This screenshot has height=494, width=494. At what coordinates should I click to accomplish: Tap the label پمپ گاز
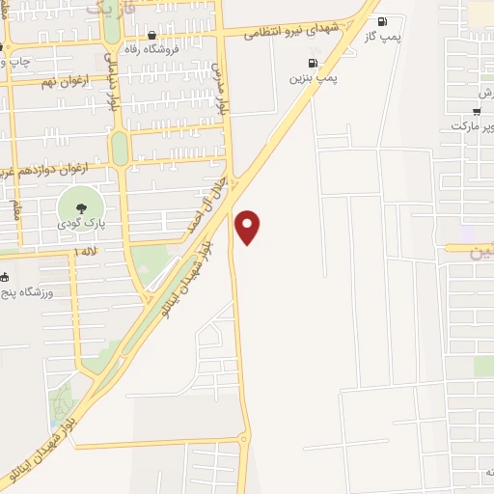pos(384,36)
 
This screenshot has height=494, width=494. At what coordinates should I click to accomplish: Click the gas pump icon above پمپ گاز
pos(383,21)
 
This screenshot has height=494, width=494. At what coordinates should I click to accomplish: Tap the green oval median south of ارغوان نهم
pos(120,148)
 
